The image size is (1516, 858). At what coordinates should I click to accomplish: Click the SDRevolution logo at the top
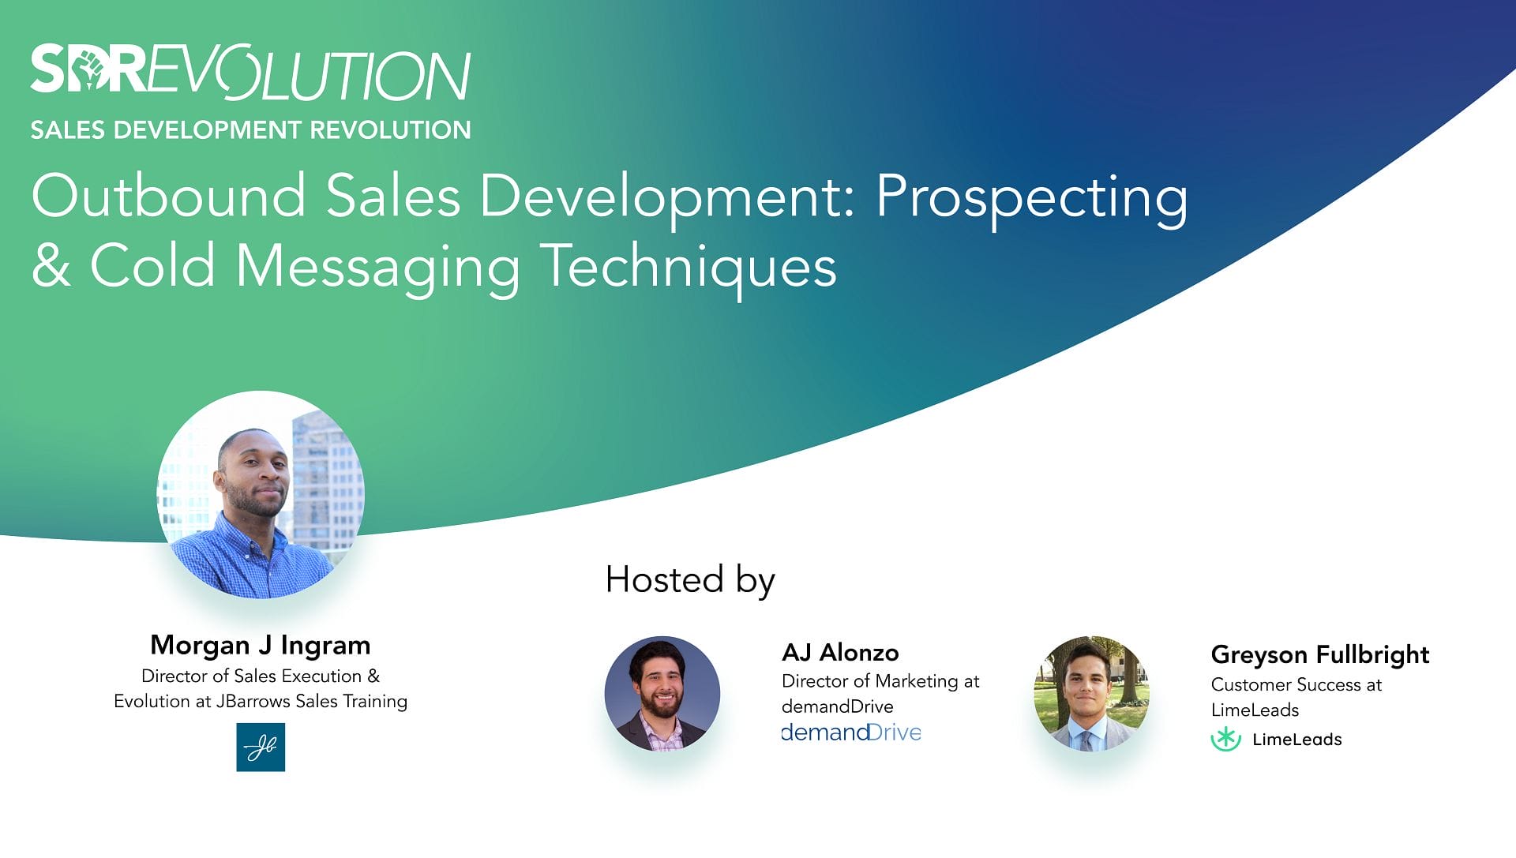pyautogui.click(x=251, y=71)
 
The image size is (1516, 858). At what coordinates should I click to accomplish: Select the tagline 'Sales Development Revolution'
pyautogui.click(x=251, y=129)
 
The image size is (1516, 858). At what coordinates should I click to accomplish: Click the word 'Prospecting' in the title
pyautogui.click(x=1031, y=198)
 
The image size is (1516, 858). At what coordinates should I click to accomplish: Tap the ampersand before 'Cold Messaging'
pyautogui.click(x=51, y=265)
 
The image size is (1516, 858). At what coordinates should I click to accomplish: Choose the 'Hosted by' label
pyautogui.click(x=690, y=580)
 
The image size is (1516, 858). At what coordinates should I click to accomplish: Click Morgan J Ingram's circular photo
pyautogui.click(x=261, y=494)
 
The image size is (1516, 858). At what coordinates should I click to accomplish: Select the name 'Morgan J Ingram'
pyautogui.click(x=261, y=645)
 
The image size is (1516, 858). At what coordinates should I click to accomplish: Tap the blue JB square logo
pyautogui.click(x=261, y=747)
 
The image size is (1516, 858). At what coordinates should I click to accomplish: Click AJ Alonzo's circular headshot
pyautogui.click(x=662, y=693)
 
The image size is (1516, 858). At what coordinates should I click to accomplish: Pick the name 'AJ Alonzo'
pyautogui.click(x=840, y=653)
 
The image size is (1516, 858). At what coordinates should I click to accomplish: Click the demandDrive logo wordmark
pyautogui.click(x=851, y=732)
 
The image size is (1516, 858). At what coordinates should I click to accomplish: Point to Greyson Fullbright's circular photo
pyautogui.click(x=1092, y=693)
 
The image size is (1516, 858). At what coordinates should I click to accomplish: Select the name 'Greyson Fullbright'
pyautogui.click(x=1320, y=655)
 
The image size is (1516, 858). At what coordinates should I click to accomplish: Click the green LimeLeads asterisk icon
pyautogui.click(x=1226, y=739)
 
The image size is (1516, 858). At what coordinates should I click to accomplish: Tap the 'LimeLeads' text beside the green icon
pyautogui.click(x=1297, y=740)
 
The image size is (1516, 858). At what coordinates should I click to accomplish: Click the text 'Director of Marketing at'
pyautogui.click(x=880, y=681)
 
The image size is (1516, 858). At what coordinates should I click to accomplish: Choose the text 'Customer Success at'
pyautogui.click(x=1296, y=684)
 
